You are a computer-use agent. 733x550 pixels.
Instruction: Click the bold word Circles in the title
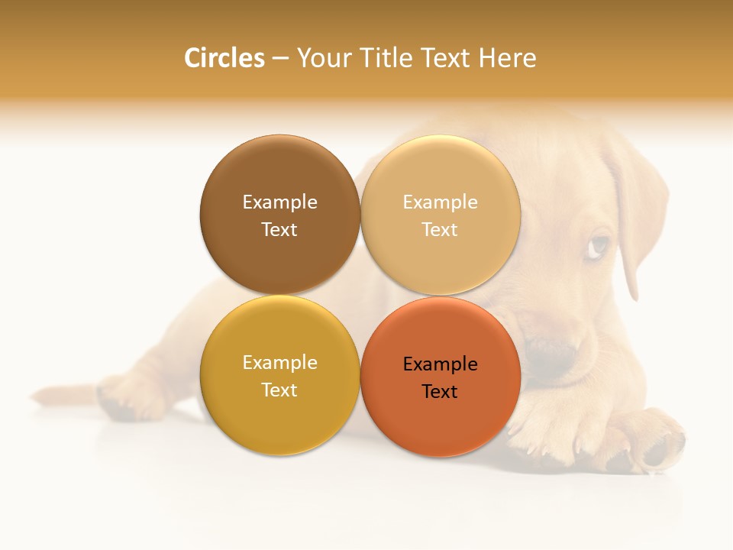click(x=224, y=58)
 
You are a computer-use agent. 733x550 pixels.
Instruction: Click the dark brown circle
click(x=279, y=176)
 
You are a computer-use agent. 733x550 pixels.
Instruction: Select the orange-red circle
click(x=441, y=420)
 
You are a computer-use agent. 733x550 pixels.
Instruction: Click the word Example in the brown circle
click(x=279, y=202)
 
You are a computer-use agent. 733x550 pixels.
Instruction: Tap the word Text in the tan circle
click(x=440, y=229)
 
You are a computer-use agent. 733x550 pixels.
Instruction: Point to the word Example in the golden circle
click(x=279, y=362)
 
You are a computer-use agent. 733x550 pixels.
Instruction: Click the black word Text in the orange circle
click(x=440, y=391)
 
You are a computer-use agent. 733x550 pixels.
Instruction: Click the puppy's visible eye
click(x=600, y=246)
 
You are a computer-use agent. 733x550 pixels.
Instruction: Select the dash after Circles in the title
click(x=280, y=58)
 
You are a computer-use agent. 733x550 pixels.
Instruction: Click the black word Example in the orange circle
click(x=440, y=364)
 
